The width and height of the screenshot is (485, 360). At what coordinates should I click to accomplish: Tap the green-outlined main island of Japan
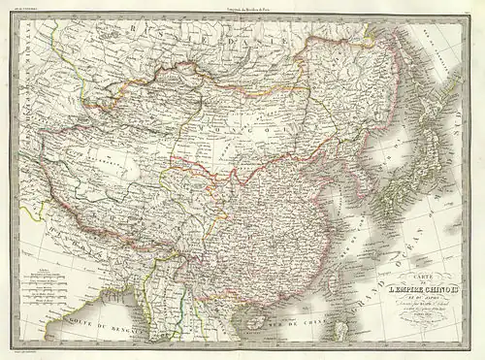pyautogui.click(x=393, y=194)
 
